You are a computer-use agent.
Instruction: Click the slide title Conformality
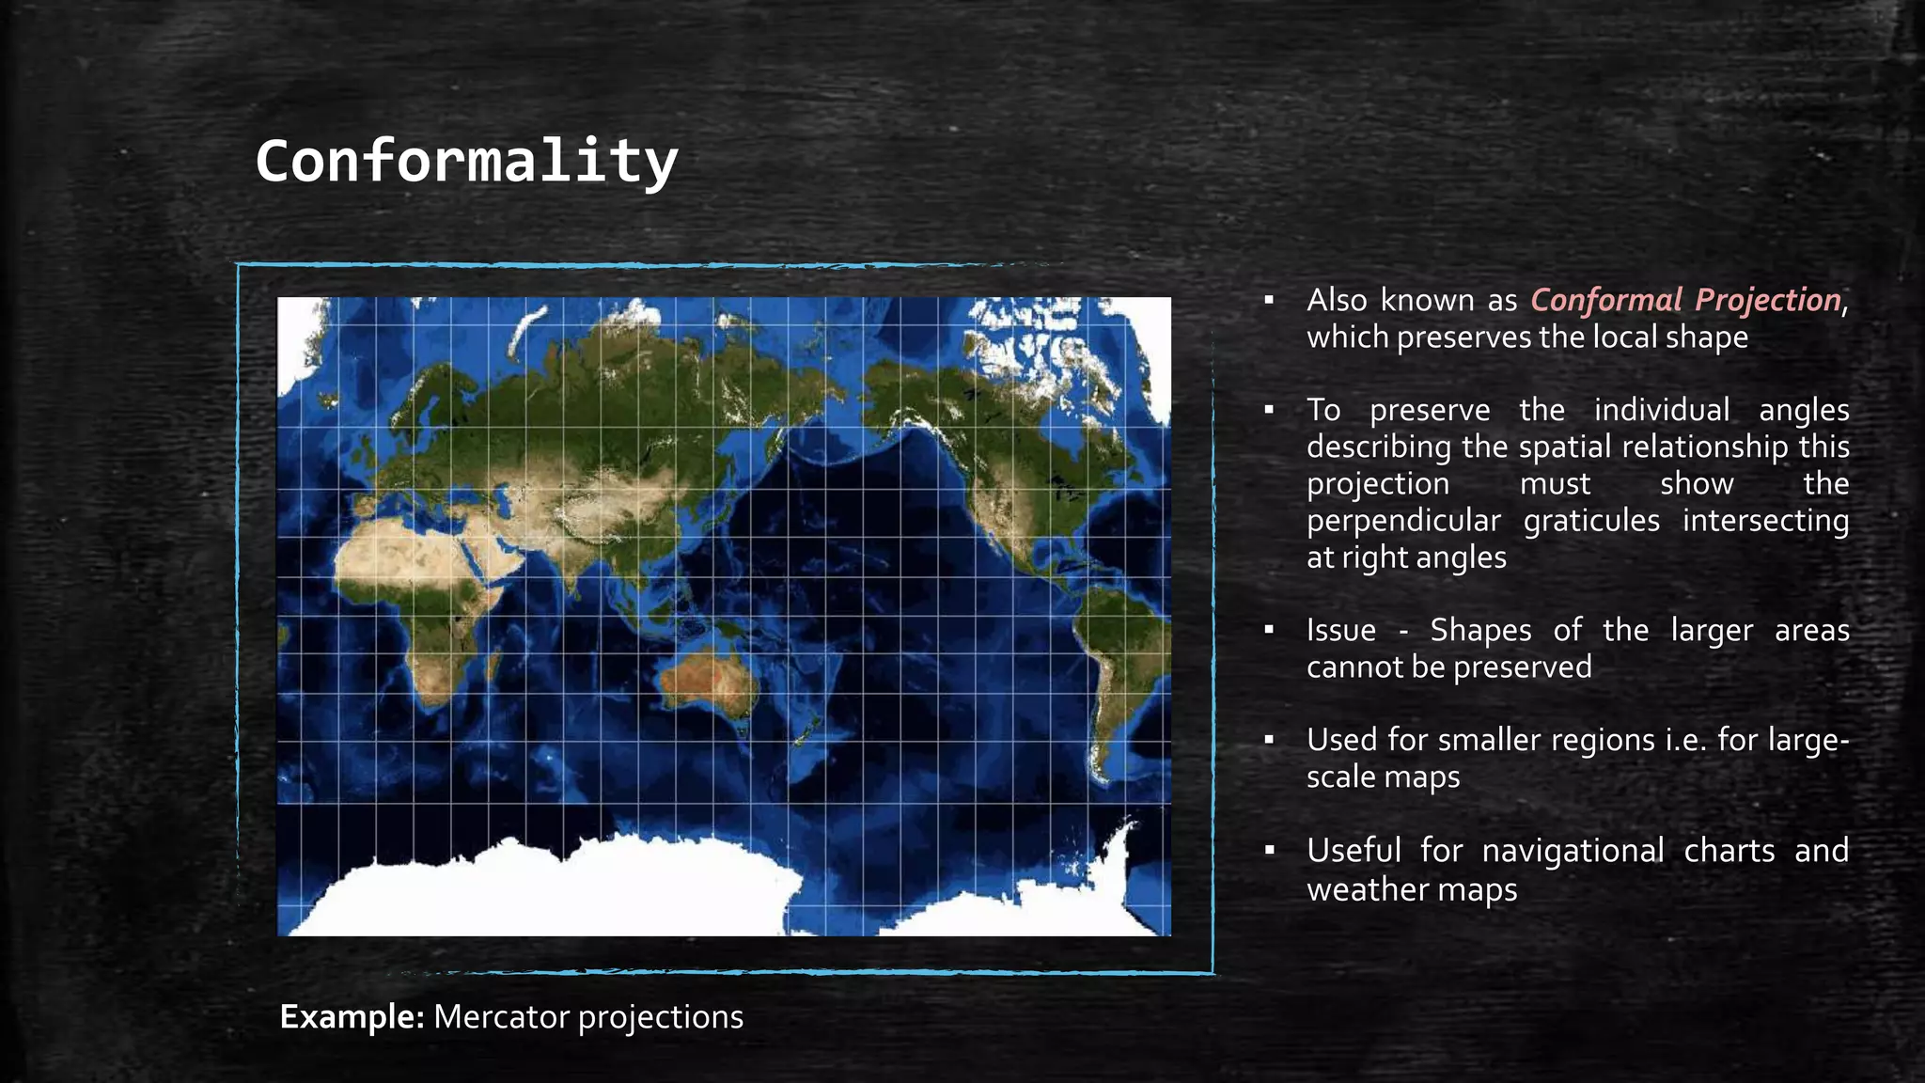coord(466,161)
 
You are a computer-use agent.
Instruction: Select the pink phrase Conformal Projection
coord(1684,300)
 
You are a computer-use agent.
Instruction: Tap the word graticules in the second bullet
coord(1591,521)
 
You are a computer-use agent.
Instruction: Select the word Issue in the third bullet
coord(1340,630)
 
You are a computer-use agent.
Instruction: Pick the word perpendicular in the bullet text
coord(1403,521)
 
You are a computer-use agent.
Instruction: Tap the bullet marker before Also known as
coord(1269,301)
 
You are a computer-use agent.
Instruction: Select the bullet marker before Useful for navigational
coord(1269,851)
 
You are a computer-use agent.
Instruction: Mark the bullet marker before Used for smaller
coord(1269,741)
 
